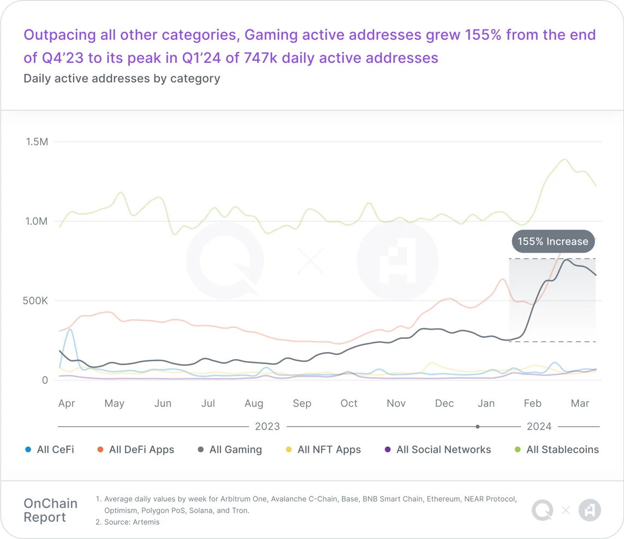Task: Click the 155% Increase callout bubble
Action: (552, 242)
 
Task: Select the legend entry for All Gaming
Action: (229, 450)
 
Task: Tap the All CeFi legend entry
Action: (50, 450)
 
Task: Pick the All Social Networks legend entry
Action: (438, 450)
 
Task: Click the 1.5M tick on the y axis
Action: (37, 142)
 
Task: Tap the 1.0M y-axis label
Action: (37, 221)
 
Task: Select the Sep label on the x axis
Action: (302, 403)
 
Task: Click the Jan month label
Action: (486, 403)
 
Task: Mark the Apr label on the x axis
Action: (67, 403)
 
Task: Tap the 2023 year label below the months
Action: (267, 426)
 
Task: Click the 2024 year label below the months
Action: (539, 426)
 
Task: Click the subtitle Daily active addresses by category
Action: (122, 78)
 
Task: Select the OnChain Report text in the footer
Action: (50, 510)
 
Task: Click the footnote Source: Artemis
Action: (132, 522)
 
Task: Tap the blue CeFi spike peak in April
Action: (69, 330)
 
